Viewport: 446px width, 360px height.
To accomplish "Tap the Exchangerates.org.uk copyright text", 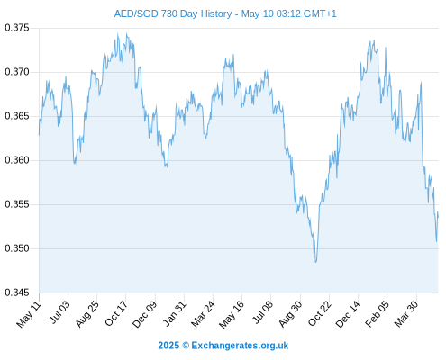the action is click(223, 346).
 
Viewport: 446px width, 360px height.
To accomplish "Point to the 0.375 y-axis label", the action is click(17, 28).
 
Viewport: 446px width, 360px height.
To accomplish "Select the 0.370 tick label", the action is click(17, 72).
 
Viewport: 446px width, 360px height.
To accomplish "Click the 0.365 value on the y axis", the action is click(17, 116).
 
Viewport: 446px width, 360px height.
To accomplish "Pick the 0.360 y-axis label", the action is click(17, 160).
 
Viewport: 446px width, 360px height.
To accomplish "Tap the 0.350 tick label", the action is click(17, 248).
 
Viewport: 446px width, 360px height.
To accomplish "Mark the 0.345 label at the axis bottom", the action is click(17, 292).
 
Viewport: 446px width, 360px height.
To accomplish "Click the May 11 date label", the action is click(29, 314).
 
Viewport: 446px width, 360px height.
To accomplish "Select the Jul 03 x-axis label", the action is click(59, 312).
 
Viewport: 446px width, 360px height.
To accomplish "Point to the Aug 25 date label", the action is click(86, 314).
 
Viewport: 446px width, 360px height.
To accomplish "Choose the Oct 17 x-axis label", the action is click(116, 313).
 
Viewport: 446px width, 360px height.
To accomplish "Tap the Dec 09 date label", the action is click(144, 314).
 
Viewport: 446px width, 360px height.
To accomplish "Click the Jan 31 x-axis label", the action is click(174, 313).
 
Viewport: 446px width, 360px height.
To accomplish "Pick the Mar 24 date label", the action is click(203, 314).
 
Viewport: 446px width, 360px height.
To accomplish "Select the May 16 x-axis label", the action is click(232, 314).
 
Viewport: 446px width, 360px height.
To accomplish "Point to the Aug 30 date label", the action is click(290, 314).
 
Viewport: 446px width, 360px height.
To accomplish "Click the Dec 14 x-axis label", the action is click(348, 314).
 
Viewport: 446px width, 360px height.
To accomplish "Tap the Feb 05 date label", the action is click(377, 314).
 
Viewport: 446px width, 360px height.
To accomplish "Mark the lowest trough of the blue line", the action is click(315, 262).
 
